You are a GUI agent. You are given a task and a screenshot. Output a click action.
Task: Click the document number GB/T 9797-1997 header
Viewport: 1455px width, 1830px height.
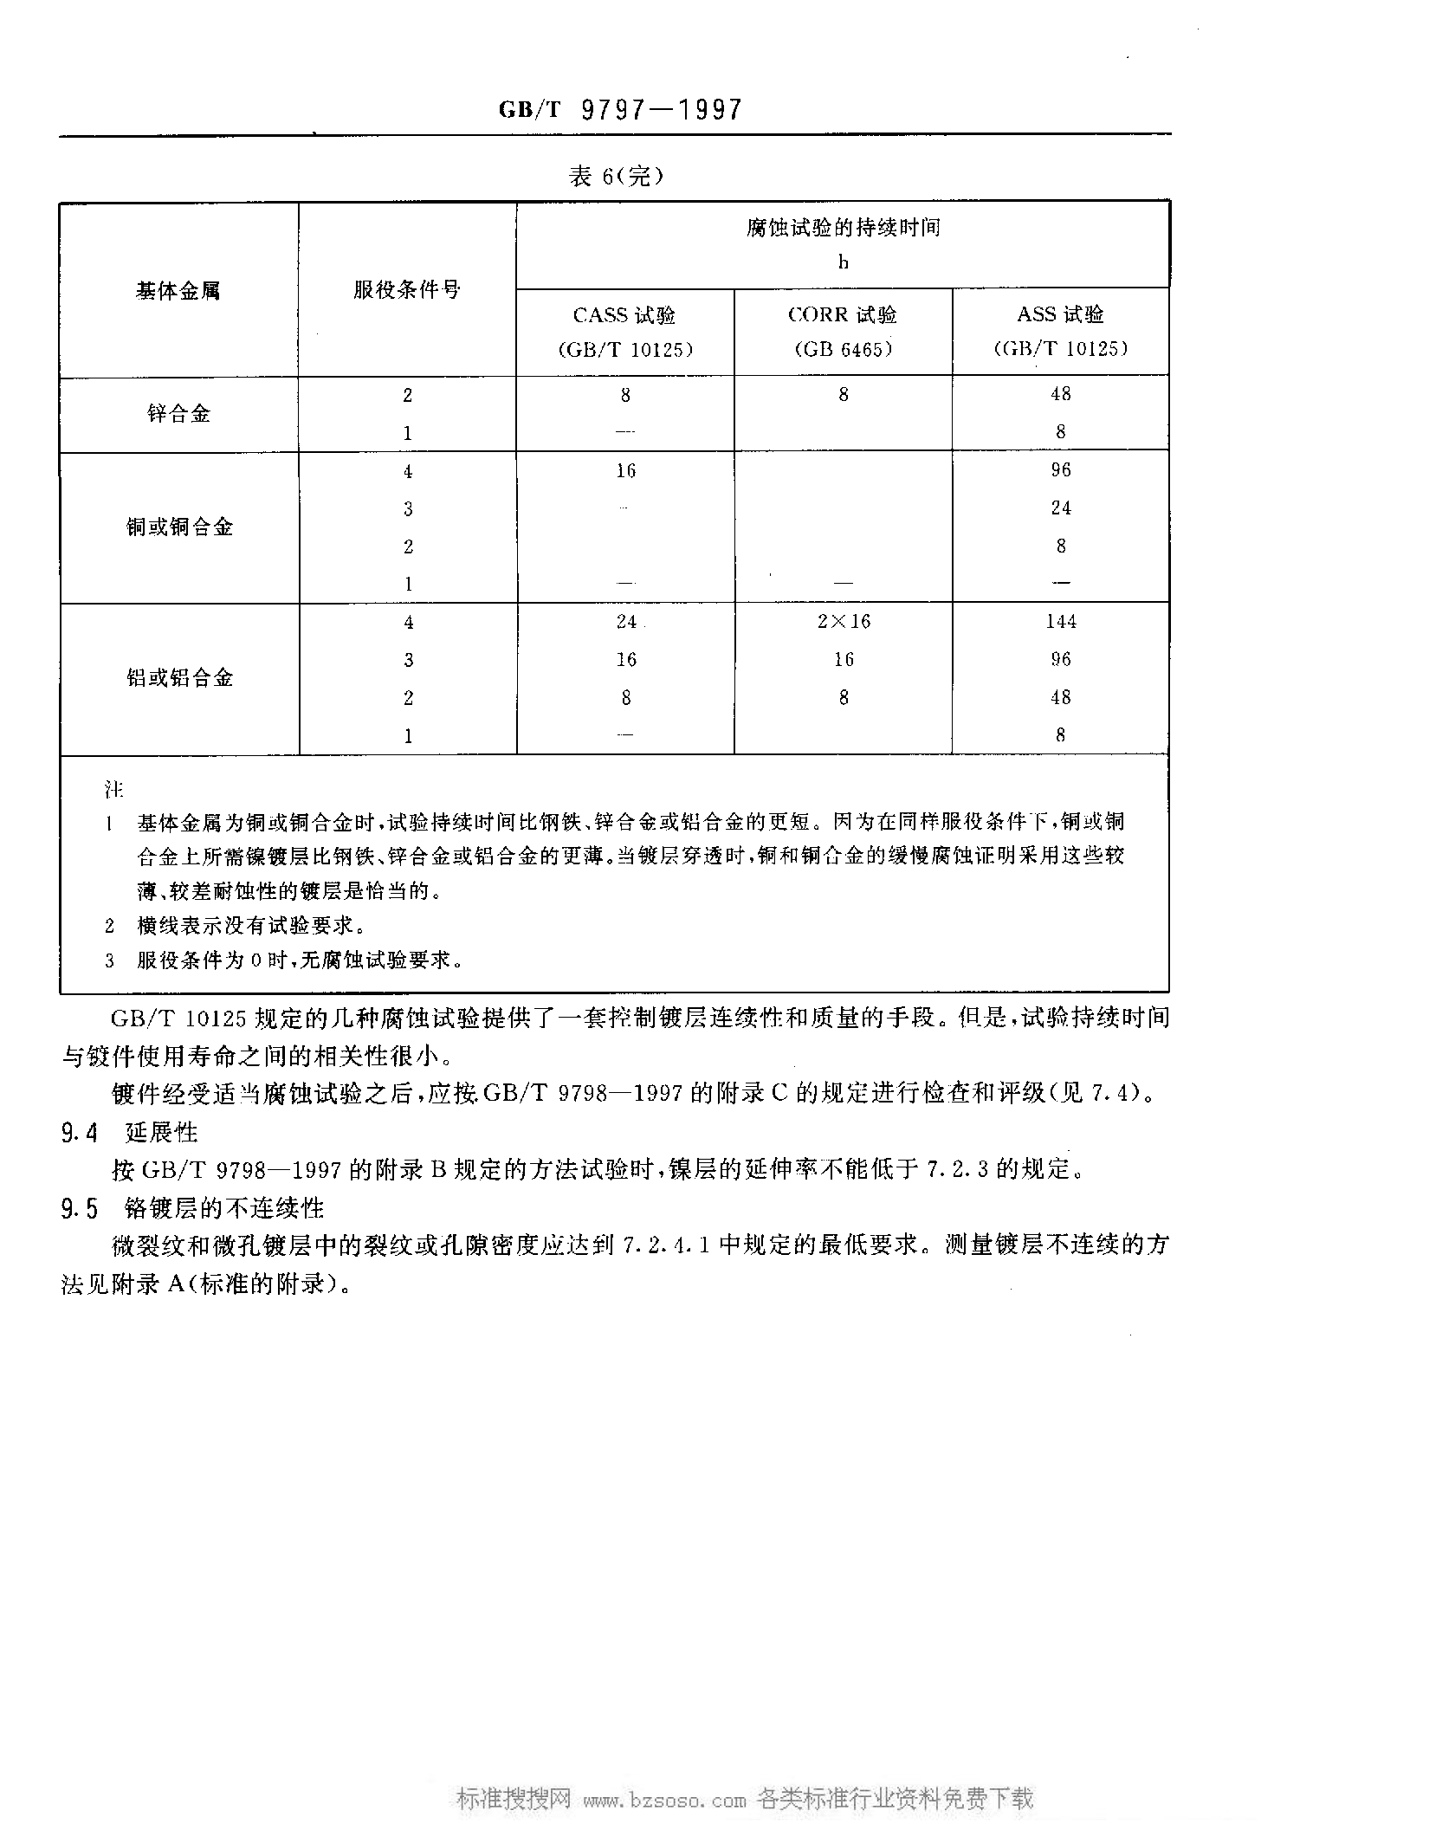coord(620,110)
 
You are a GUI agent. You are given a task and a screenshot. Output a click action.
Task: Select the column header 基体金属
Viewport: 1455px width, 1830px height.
coord(178,291)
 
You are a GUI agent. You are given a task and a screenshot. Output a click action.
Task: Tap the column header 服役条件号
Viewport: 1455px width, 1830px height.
coord(406,290)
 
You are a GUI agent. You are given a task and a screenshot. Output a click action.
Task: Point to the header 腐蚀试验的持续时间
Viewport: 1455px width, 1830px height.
coord(843,229)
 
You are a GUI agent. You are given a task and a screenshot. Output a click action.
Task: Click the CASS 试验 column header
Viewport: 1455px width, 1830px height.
coord(624,315)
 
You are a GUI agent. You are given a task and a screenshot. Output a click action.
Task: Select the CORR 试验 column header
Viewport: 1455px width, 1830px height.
coord(843,315)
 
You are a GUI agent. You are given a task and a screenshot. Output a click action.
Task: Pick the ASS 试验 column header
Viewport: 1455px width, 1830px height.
coord(1060,315)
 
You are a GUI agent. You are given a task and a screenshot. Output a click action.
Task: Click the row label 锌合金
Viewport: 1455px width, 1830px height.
coord(178,414)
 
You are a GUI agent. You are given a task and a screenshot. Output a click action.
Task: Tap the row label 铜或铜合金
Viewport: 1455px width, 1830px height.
coord(179,527)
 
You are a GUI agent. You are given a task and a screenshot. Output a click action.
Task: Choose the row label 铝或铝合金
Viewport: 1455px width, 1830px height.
coord(179,678)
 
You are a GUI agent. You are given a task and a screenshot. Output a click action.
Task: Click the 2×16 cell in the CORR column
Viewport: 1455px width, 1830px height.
coord(844,622)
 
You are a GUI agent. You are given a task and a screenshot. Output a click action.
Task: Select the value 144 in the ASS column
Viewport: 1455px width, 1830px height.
coord(1061,622)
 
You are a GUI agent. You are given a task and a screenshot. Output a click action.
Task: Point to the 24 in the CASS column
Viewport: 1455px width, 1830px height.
coord(626,622)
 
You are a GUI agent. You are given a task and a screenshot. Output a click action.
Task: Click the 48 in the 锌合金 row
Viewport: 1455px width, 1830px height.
coord(1061,395)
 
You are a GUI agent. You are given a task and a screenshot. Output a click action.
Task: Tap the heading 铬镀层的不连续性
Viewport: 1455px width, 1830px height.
coord(224,1209)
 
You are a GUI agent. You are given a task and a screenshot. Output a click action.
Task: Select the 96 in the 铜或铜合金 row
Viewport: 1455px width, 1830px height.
coord(1061,470)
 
